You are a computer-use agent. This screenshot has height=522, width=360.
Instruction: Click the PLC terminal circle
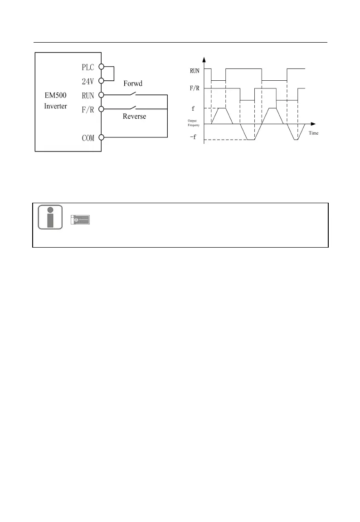coord(102,67)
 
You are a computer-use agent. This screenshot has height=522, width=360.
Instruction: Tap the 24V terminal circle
coord(102,81)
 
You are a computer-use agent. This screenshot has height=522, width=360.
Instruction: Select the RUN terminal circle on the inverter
coord(102,95)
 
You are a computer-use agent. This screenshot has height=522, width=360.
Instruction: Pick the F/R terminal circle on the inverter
coord(102,109)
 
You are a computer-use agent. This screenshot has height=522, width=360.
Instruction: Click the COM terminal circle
coord(102,137)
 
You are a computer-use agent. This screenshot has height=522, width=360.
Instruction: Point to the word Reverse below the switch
coord(134,117)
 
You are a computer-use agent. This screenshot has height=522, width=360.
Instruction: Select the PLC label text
coord(88,67)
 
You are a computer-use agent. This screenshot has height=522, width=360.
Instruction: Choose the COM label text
coord(88,138)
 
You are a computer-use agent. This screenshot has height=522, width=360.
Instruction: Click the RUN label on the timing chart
coord(195,70)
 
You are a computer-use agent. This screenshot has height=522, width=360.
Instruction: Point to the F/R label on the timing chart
coord(195,88)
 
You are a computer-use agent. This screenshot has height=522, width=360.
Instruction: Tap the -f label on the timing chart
coord(194,137)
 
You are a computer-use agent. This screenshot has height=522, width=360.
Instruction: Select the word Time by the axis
coord(314,134)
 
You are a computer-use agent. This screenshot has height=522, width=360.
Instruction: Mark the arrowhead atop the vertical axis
coord(204,59)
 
